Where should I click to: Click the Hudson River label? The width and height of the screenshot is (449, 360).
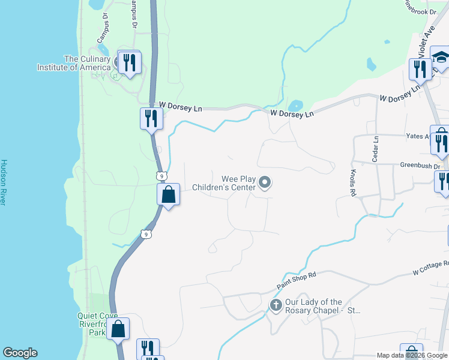pyautogui.click(x=4, y=182)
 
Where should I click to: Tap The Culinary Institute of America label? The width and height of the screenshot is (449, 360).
pyautogui.click(x=88, y=63)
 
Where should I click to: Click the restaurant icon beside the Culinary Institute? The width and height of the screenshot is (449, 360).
pyautogui.click(x=129, y=62)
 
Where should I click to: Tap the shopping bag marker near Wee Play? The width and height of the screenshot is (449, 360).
pyautogui.click(x=169, y=194)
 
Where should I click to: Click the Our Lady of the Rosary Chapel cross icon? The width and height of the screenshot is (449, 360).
pyautogui.click(x=276, y=306)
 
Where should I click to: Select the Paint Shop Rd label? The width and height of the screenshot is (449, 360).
pyautogui.click(x=297, y=278)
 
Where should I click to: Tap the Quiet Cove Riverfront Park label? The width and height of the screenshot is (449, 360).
pyautogui.click(x=91, y=324)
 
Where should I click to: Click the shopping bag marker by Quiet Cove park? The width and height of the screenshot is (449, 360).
pyautogui.click(x=118, y=328)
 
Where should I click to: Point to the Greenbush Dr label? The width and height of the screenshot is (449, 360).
pyautogui.click(x=420, y=166)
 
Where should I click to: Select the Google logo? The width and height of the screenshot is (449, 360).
pyautogui.click(x=20, y=353)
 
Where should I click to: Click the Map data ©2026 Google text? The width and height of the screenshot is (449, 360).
pyautogui.click(x=412, y=355)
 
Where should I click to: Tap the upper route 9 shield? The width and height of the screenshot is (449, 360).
pyautogui.click(x=160, y=175)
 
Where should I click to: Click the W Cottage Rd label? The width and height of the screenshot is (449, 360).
pyautogui.click(x=430, y=268)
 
